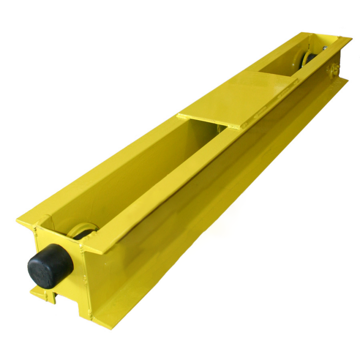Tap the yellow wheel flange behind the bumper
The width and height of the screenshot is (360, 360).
point(80,228)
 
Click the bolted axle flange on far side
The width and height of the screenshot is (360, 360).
point(334,71)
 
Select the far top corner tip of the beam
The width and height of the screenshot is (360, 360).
point(349,38)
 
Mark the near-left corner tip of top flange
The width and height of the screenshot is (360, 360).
point(18,220)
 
